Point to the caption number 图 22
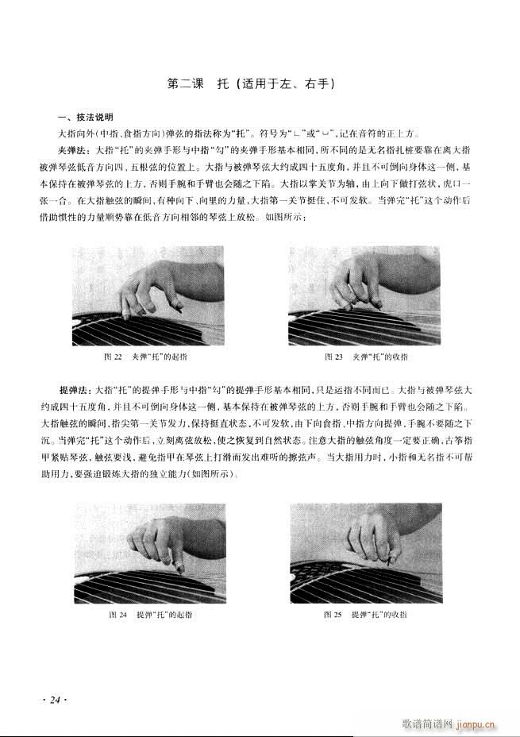pos(112,357)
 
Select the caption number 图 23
pos(333,357)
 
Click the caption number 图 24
pos(118,615)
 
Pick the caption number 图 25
pos(332,615)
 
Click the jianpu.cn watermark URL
pos(474,724)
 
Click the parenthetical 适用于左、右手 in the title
pos(288,83)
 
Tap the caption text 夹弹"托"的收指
pos(380,357)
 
